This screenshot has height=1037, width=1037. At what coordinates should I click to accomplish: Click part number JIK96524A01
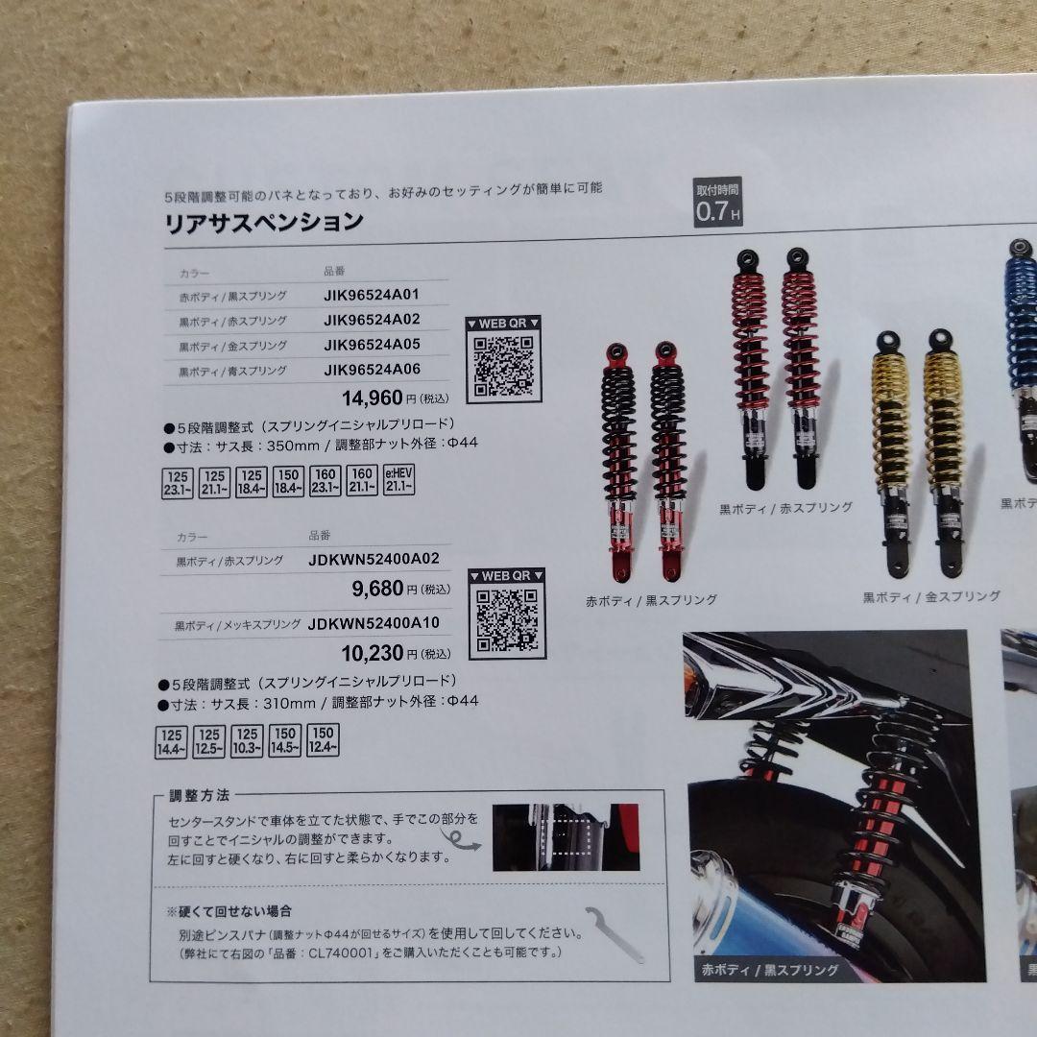click(372, 295)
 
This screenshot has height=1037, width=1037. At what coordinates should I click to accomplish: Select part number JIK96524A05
click(372, 345)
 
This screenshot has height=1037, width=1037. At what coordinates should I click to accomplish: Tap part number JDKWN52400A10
click(374, 623)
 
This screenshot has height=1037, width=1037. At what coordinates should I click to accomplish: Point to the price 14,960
click(373, 397)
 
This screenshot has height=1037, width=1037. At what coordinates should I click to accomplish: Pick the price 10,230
click(373, 654)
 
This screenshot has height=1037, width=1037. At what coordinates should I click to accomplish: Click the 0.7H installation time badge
click(718, 204)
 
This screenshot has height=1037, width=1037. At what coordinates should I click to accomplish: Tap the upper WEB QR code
click(503, 366)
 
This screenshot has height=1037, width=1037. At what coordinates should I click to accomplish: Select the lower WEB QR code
click(506, 619)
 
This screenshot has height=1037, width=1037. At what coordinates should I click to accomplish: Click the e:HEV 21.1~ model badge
click(398, 481)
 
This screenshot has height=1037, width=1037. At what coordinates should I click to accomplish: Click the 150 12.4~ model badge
click(323, 740)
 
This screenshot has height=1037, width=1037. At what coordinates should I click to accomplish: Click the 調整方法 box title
click(199, 795)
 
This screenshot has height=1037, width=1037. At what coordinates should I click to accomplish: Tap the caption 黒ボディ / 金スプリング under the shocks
click(930, 596)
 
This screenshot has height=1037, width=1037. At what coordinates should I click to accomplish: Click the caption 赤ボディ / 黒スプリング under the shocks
click(651, 600)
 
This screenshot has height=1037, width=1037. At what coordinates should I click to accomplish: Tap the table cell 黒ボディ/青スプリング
click(232, 371)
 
